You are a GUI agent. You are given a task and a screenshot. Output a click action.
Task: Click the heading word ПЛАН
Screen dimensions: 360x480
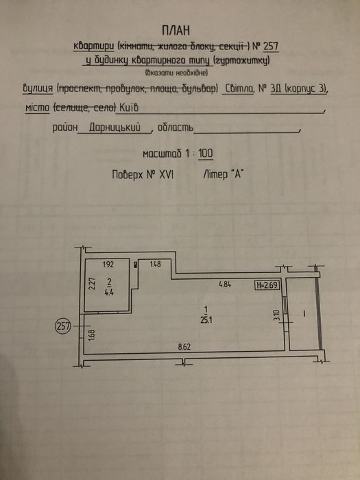coord(176,31)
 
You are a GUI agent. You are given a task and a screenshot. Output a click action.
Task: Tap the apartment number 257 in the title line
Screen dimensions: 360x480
coord(270,47)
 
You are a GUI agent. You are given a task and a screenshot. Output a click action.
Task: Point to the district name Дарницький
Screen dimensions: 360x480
coord(115,128)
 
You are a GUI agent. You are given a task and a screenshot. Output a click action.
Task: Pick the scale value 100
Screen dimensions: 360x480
coord(206,154)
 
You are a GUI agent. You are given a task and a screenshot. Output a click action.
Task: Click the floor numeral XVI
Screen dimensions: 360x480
coord(166,175)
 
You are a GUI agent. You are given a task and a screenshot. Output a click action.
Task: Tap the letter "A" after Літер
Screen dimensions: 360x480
coord(236,174)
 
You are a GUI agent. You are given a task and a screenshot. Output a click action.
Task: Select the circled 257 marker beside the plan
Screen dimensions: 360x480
coord(63,326)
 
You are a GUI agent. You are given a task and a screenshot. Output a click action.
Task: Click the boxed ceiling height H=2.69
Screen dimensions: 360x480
coord(267,285)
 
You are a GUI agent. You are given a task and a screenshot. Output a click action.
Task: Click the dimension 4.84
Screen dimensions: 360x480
coord(224,285)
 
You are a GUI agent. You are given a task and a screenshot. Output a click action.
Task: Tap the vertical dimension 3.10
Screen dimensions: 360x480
coord(277,315)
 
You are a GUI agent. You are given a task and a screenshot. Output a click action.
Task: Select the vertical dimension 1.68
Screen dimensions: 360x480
coord(93,334)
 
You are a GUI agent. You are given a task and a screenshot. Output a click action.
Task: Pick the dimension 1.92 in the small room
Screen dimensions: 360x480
coord(108,265)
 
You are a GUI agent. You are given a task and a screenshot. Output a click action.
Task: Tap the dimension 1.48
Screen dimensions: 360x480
coord(155,263)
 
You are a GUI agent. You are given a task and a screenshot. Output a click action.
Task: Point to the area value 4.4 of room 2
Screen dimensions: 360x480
coord(109,291)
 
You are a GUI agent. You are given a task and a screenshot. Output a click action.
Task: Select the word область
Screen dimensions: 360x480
coord(175,128)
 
